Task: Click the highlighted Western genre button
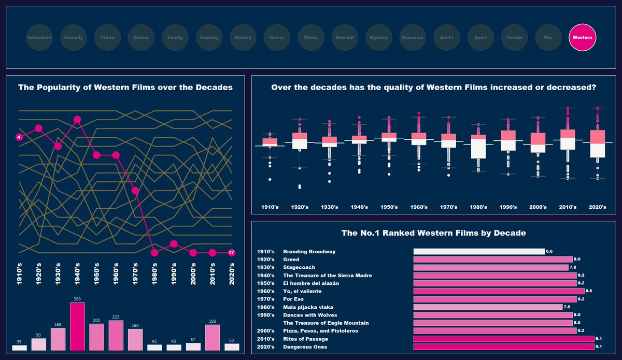click(x=582, y=37)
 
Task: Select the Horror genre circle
click(x=277, y=37)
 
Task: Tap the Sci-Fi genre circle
click(x=446, y=37)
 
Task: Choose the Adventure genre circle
click(x=39, y=37)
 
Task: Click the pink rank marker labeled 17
click(x=232, y=253)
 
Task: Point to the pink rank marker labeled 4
click(x=19, y=137)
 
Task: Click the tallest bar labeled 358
click(x=77, y=326)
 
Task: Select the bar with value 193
click(x=213, y=338)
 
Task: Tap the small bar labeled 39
click(x=19, y=348)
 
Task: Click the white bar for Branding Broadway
click(x=478, y=252)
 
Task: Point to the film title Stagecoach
click(x=299, y=267)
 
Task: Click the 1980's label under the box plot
click(x=478, y=207)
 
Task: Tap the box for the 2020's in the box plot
click(x=598, y=143)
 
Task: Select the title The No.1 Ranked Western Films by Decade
click(x=433, y=233)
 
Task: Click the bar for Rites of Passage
click(x=503, y=339)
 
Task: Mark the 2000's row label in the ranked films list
click(x=266, y=331)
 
